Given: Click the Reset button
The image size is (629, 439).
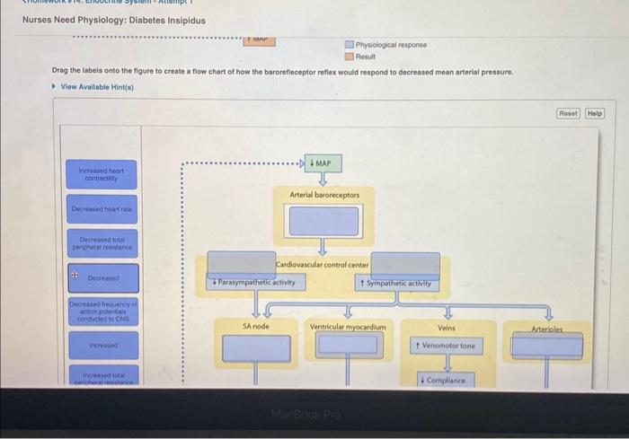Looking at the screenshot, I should click(x=568, y=114).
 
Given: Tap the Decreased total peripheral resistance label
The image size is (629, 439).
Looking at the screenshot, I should click(x=102, y=242).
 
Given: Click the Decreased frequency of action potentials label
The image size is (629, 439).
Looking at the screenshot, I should click(x=102, y=311).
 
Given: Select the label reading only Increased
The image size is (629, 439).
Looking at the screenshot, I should click(x=102, y=344).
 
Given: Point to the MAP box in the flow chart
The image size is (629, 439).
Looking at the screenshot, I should click(x=322, y=163).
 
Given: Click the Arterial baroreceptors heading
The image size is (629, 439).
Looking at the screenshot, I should click(x=324, y=195).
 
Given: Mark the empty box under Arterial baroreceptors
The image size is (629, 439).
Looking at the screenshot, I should click(x=323, y=221).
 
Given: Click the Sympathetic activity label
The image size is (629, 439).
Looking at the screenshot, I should click(x=394, y=283).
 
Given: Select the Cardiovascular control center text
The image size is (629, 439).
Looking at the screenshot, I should click(x=323, y=265).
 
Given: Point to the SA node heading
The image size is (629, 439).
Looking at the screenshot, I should click(x=256, y=327).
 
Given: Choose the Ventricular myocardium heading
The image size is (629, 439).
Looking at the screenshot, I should click(x=347, y=327).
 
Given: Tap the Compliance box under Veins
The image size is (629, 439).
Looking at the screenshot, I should click(x=445, y=381).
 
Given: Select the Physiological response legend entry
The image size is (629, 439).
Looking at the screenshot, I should click(x=391, y=45).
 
